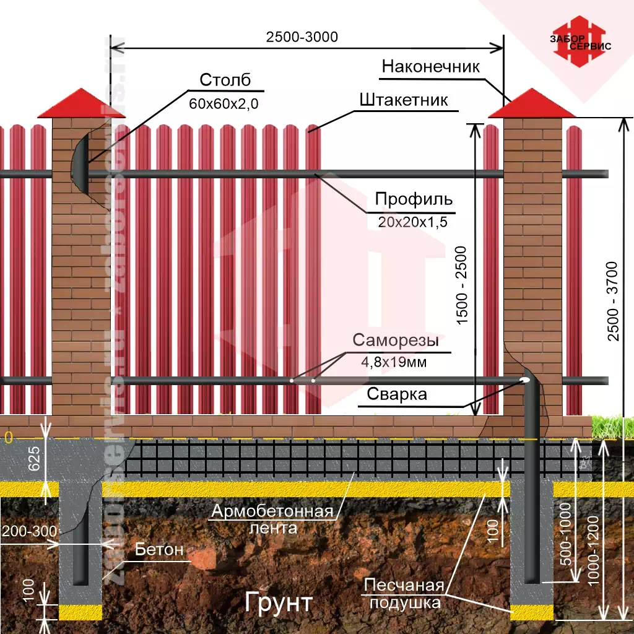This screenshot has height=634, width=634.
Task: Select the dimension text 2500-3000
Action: click(302, 37)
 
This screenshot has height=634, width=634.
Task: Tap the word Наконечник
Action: click(430, 67)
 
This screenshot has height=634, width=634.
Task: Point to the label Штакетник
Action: click(403, 100)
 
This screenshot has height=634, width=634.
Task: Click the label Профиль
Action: click(414, 200)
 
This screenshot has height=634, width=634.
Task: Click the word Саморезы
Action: click(396, 340)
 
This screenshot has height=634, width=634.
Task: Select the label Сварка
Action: click(397, 394)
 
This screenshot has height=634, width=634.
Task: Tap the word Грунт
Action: click(279, 601)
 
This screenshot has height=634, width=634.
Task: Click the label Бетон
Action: click(159, 549)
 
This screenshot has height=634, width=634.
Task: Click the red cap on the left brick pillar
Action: click(74, 103)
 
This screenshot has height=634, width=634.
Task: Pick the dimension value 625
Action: click(35, 458)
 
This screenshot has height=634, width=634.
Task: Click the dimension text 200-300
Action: click(29, 531)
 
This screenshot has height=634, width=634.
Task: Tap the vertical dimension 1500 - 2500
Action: click(462, 285)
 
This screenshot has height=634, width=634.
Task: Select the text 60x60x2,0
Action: click(224, 103)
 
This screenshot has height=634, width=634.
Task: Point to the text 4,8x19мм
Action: click(394, 362)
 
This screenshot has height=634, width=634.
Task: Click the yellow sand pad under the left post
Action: click(80, 612)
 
